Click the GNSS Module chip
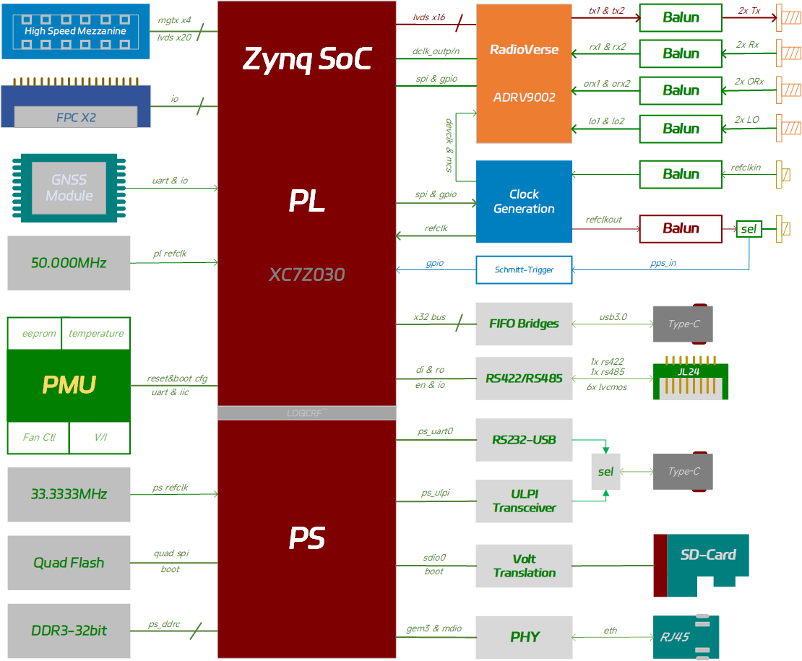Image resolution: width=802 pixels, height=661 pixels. [x=69, y=187]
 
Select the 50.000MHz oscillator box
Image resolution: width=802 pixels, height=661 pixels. [x=69, y=263]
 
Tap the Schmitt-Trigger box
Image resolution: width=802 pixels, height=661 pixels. [x=524, y=269]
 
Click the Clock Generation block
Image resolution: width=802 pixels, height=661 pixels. [x=524, y=202]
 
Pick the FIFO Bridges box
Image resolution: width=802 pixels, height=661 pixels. [x=524, y=323]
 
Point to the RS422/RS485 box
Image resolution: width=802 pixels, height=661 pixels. [x=524, y=378]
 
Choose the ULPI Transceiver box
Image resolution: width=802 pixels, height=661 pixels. [x=524, y=501]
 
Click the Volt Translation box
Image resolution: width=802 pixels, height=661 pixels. [x=524, y=566]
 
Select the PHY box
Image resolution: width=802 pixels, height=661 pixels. [x=524, y=637]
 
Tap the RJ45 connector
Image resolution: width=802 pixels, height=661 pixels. [x=686, y=637]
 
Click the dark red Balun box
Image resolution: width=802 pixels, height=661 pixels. [x=681, y=228]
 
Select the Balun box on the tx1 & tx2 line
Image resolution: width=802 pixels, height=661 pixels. [x=681, y=17]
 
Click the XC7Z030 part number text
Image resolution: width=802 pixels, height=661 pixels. [x=306, y=275]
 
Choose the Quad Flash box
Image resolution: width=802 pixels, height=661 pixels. [x=69, y=562]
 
